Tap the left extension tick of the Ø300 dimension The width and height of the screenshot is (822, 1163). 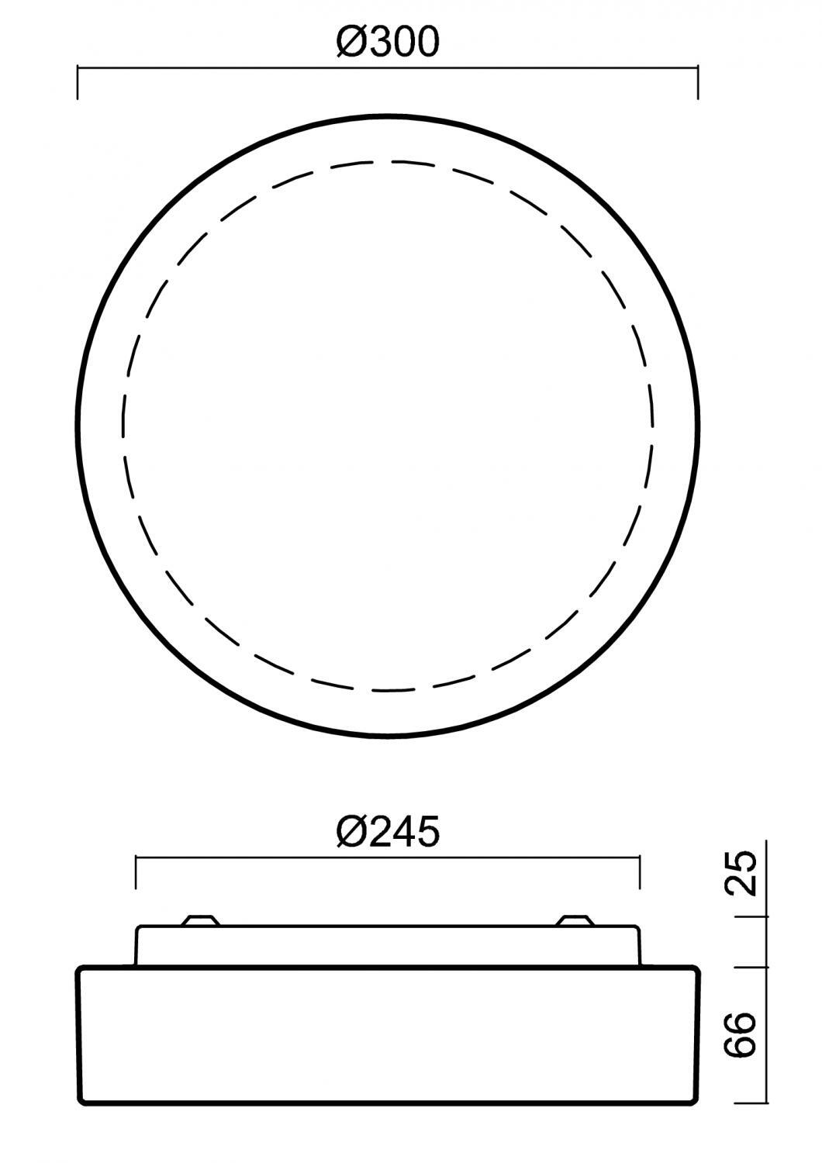click(x=78, y=82)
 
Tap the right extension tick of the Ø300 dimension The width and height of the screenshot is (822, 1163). click(x=697, y=82)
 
